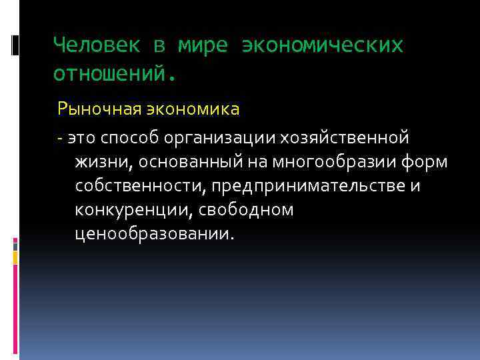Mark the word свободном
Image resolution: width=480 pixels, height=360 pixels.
253,210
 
